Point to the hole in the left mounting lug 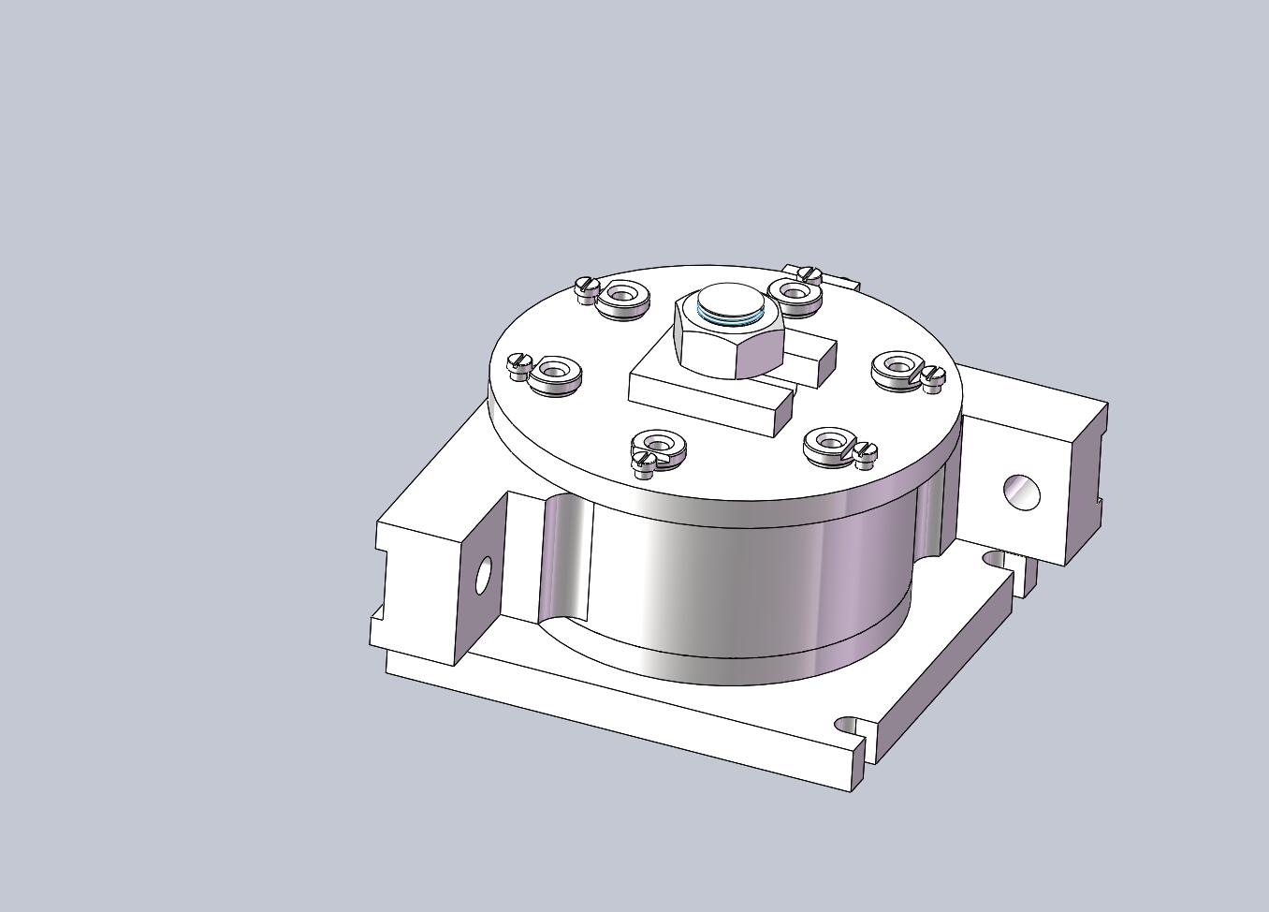coord(484,576)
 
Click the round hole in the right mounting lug coord(1021,492)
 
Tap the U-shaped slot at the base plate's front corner coord(850,726)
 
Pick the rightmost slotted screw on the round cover coord(934,375)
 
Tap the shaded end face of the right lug coord(1086,482)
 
